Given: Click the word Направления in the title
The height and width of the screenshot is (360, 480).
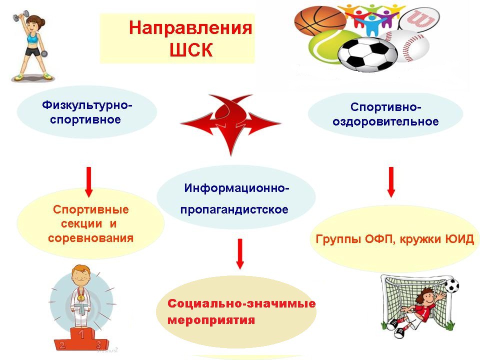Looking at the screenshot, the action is point(190,28).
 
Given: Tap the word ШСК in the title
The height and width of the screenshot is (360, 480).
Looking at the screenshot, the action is point(191,49).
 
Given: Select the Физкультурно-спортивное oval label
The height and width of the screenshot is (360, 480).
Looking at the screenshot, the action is point(87,112).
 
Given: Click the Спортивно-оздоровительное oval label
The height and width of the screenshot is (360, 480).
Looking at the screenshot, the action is point(385,114).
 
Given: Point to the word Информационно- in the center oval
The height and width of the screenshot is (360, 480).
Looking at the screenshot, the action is point(236,188).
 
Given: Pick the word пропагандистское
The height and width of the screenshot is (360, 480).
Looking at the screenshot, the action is point(234,209).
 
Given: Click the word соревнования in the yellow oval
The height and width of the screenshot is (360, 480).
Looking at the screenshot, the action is point(90,238).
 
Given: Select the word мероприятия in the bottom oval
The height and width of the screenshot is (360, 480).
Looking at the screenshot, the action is point(211,320).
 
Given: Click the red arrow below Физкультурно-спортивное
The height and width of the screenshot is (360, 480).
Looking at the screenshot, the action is point(89,182).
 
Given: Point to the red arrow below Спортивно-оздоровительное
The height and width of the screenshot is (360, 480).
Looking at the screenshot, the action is point(391,182).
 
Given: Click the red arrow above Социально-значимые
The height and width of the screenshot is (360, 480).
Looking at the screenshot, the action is point(240,254).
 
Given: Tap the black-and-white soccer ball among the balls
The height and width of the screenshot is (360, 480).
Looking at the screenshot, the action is point(367,54).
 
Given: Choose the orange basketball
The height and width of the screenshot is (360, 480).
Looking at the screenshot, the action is point(320,21).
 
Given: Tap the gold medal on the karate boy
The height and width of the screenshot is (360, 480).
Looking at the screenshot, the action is point(80,297).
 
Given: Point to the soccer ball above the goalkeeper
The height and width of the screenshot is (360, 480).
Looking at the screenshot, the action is point(451,285).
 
